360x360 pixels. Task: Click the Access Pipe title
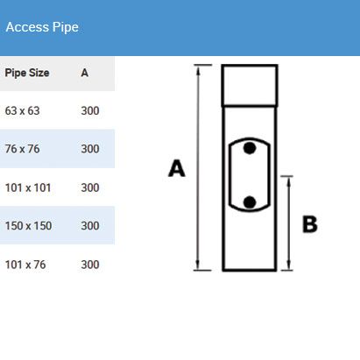pyautogui.click(x=42, y=27)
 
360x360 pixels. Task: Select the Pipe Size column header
pyautogui.click(x=27, y=73)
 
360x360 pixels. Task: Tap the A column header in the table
pyautogui.click(x=85, y=73)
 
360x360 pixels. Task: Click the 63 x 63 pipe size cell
pyautogui.click(x=23, y=110)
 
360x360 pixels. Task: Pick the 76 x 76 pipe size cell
pyautogui.click(x=23, y=149)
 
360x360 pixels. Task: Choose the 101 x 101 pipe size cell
pyautogui.click(x=28, y=187)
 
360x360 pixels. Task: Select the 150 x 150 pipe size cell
pyautogui.click(x=29, y=226)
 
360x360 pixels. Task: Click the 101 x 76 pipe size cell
pyautogui.click(x=25, y=265)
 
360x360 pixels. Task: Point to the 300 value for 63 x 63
pyautogui.click(x=90, y=110)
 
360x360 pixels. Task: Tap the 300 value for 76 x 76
pyautogui.click(x=90, y=149)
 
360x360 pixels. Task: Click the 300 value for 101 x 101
pyautogui.click(x=90, y=187)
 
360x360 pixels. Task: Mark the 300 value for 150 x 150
pyautogui.click(x=90, y=226)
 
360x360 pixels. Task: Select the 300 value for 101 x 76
pyautogui.click(x=90, y=265)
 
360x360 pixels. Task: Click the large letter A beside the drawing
pyautogui.click(x=177, y=168)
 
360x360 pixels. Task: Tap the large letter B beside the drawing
pyautogui.click(x=310, y=224)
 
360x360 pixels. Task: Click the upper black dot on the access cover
pyautogui.click(x=250, y=148)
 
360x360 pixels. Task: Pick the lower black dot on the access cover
pyautogui.click(x=250, y=202)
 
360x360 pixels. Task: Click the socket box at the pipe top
pyautogui.click(x=250, y=85)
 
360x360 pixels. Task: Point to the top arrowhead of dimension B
pyautogui.click(x=288, y=181)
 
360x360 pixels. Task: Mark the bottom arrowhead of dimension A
pyautogui.click(x=198, y=265)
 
